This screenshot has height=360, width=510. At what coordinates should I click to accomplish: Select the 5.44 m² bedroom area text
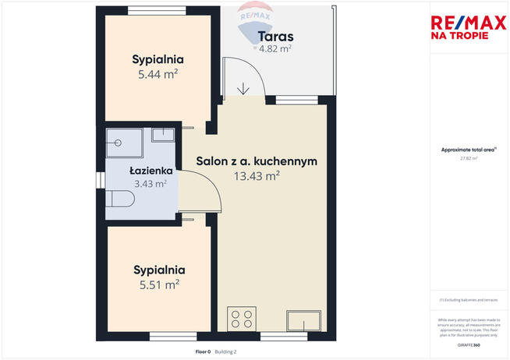point(158,75)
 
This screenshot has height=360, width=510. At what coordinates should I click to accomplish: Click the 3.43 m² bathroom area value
point(151,184)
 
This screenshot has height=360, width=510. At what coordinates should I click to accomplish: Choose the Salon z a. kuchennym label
point(256,161)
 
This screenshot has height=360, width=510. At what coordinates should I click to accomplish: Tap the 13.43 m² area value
point(257,176)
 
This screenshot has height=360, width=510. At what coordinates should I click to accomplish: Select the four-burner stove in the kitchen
point(241,319)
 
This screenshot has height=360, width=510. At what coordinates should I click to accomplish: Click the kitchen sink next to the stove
point(303,321)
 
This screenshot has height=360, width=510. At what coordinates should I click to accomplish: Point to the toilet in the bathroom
point(119,199)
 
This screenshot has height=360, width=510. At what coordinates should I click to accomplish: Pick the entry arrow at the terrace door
point(244,88)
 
